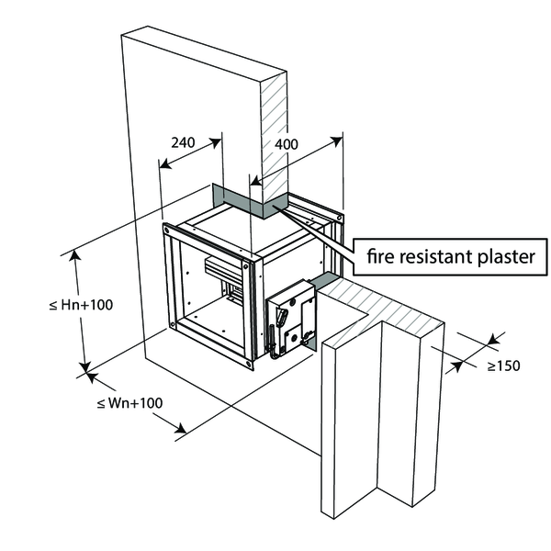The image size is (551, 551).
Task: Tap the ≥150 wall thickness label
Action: point(503,365)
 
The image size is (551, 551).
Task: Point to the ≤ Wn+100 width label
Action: point(129,402)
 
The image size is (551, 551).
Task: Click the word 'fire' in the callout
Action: point(381,256)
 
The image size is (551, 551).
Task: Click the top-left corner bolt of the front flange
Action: point(167,229)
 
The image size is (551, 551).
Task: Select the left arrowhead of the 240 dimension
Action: point(163,166)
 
